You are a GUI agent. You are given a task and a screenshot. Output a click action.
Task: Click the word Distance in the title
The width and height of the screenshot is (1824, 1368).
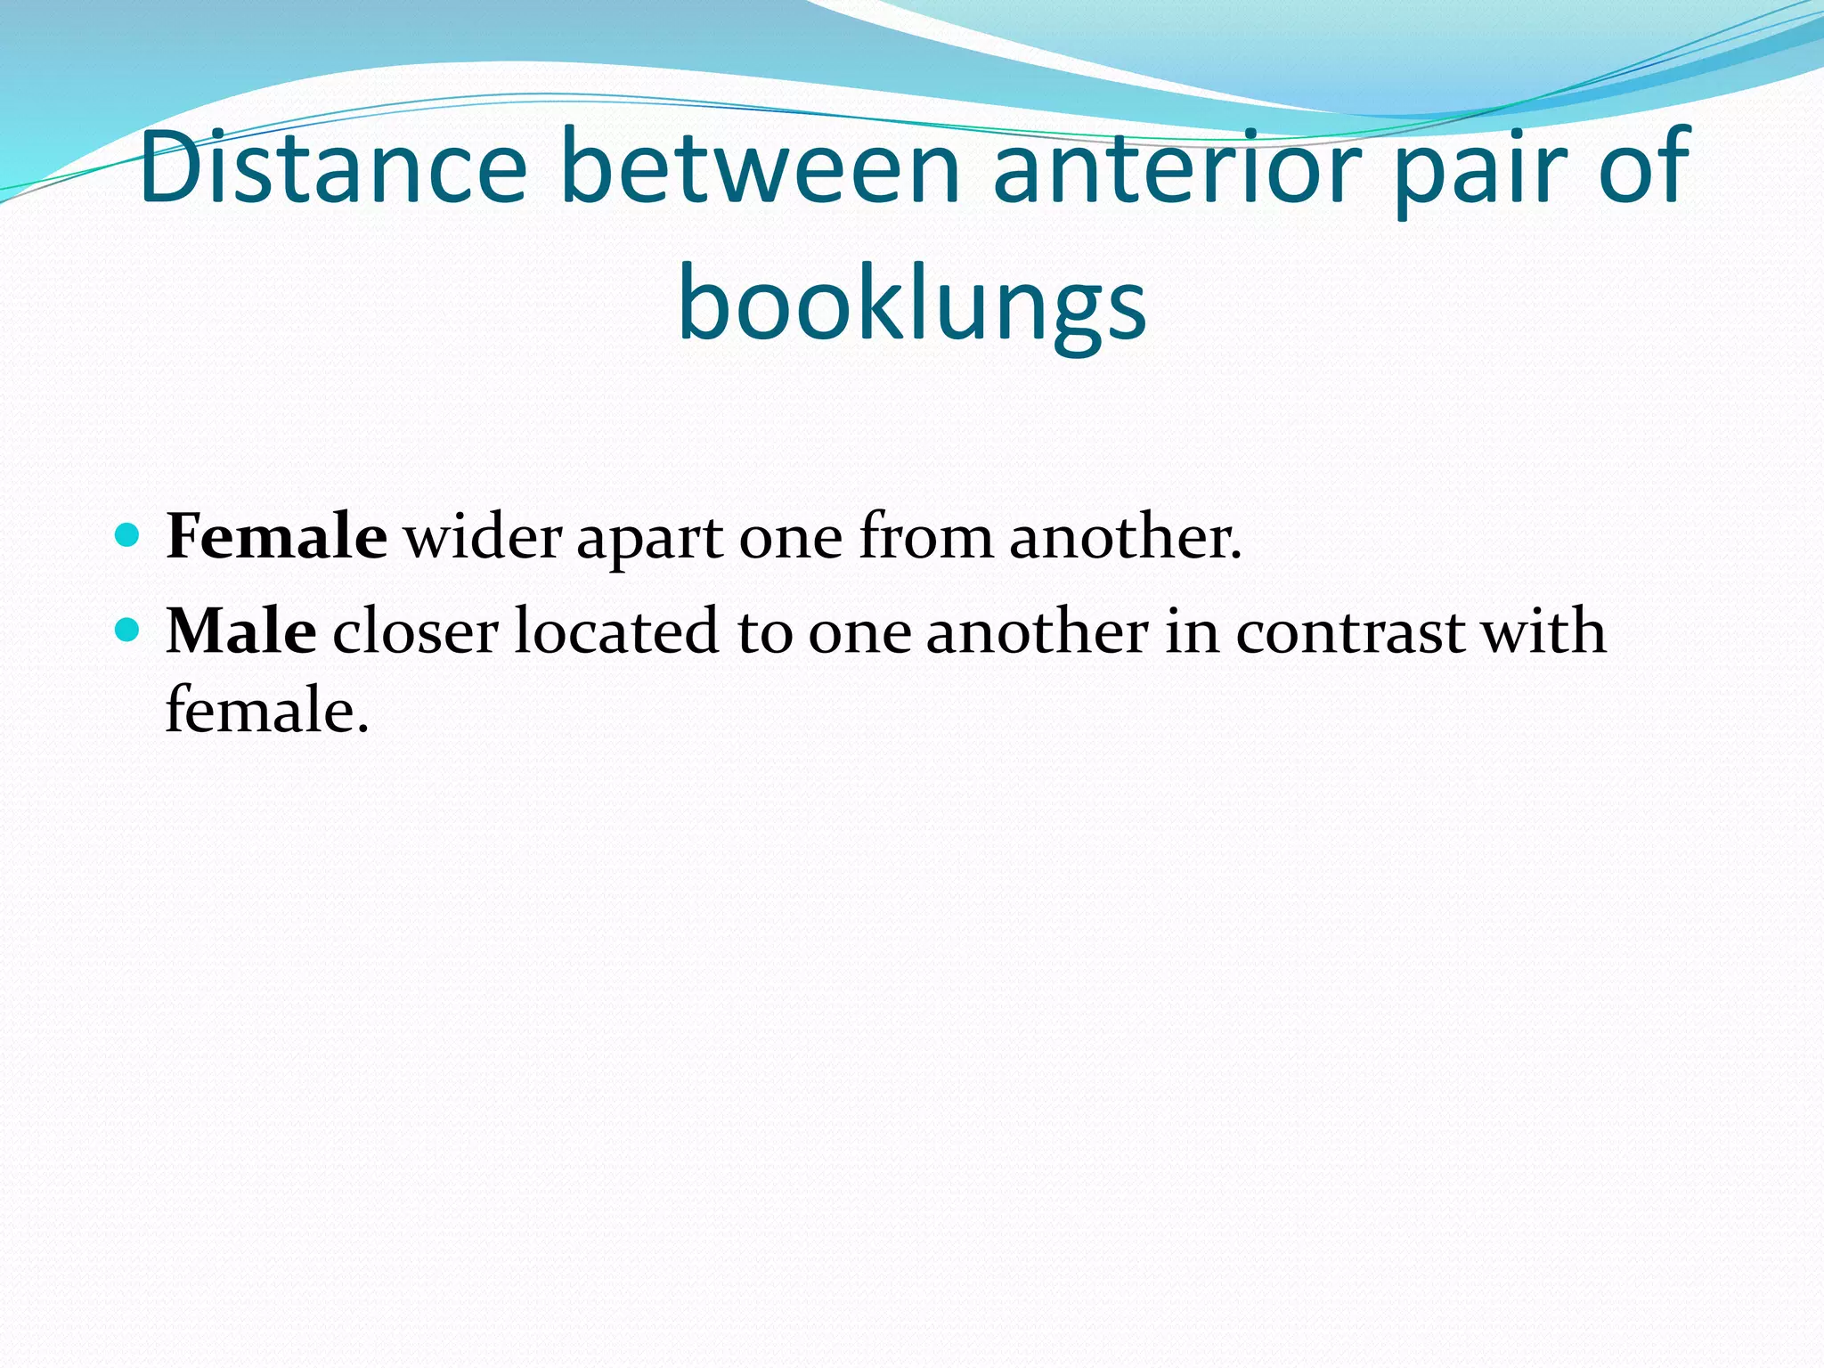(x=333, y=167)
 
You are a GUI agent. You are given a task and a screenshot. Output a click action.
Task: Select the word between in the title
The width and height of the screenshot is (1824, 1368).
(x=761, y=167)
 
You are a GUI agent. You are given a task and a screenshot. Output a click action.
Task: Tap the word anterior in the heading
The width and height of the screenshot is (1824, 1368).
(x=1177, y=167)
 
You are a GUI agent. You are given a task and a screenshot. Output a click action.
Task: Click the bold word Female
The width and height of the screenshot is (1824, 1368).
(x=276, y=536)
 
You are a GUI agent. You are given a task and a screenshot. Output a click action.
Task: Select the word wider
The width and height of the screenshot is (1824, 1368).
(x=483, y=536)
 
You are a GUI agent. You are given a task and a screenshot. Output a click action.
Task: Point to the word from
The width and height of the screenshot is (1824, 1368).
(x=925, y=536)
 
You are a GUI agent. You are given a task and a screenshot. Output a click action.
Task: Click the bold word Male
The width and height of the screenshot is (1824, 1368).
(x=240, y=631)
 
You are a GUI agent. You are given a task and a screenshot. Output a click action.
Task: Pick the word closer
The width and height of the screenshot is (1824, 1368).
(x=415, y=631)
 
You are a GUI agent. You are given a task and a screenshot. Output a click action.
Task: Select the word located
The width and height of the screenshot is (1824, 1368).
(x=616, y=631)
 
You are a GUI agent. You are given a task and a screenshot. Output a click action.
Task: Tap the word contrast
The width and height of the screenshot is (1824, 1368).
(x=1350, y=631)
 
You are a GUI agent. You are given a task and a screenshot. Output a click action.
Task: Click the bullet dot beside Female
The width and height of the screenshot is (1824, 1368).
(x=128, y=535)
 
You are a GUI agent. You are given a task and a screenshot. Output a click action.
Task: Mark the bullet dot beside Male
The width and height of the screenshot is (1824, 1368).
(x=128, y=630)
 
